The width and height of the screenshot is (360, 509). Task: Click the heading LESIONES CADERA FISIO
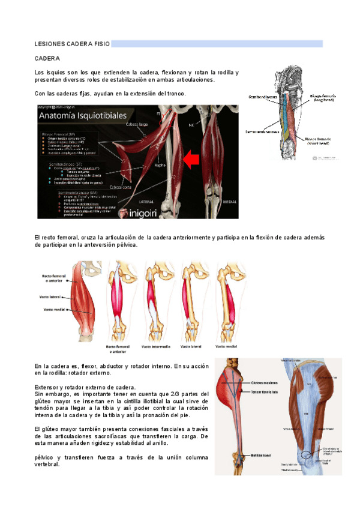click(x=71, y=44)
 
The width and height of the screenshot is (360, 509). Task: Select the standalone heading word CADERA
click(x=47, y=59)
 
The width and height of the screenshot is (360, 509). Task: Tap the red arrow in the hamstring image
click(x=192, y=160)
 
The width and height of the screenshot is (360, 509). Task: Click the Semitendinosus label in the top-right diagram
click(x=263, y=95)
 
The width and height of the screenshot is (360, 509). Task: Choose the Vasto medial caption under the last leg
click(x=227, y=346)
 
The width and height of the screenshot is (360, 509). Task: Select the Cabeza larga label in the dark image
click(x=137, y=124)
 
